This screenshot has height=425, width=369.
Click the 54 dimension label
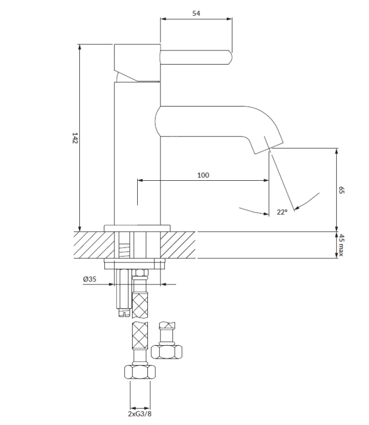(x=196, y=13)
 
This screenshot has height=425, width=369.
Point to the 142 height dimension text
(x=75, y=138)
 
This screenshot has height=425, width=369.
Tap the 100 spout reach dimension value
(x=203, y=175)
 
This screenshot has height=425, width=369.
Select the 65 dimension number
(x=341, y=190)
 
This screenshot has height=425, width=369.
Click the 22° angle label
(x=282, y=212)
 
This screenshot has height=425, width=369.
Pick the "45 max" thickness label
(x=341, y=245)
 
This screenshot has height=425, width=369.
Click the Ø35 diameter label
(x=90, y=279)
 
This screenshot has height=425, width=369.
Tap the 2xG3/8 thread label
(x=139, y=414)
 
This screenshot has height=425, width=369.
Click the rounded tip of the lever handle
(x=230, y=57)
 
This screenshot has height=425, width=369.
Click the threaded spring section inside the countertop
(x=125, y=250)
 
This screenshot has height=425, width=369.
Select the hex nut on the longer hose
(x=140, y=372)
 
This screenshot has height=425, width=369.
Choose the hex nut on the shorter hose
(x=167, y=352)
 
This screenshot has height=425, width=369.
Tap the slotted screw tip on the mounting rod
(x=124, y=313)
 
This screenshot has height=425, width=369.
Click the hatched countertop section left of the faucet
(x=94, y=245)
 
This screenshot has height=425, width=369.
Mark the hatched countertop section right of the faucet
(x=178, y=245)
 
